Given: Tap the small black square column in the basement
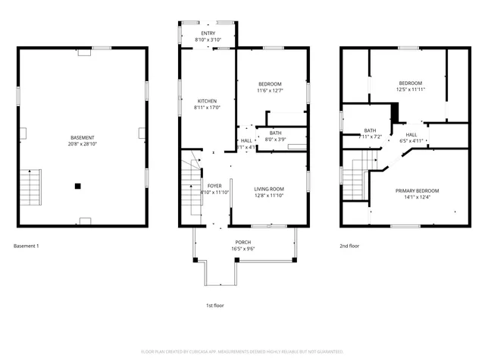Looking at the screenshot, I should tap(78, 185).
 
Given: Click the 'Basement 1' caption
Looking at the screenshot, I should tap(27, 246).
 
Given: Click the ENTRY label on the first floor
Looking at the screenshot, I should tap(208, 33).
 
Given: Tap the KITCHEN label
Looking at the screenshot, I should tap(208, 101).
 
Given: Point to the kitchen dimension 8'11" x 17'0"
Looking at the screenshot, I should tap(208, 107).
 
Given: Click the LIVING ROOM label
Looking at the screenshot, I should tap(268, 190).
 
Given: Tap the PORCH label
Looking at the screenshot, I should tap(242, 242).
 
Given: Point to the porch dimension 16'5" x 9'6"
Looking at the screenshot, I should tap(242, 248).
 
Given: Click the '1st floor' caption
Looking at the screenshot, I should tap(215, 305).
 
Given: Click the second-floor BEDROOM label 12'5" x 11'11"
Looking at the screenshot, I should tap(411, 83).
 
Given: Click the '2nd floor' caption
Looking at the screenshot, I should tap(349, 246).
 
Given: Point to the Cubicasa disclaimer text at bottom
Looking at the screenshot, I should tap(242, 351).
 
